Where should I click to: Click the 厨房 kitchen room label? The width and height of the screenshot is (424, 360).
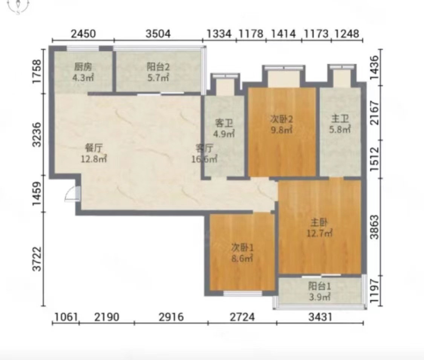[83, 67]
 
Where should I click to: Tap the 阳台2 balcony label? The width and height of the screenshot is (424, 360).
[158, 67]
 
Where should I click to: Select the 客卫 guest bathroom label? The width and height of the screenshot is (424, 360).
[224, 123]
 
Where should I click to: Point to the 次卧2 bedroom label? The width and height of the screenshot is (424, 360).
[282, 119]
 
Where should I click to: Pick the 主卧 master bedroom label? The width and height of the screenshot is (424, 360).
[319, 222]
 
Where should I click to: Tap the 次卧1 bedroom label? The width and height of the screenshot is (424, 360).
[242, 248]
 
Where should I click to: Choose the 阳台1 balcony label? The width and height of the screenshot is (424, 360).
[320, 286]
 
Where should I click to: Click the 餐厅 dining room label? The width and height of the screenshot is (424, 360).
[94, 148]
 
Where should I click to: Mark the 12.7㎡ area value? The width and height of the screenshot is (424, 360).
[319, 233]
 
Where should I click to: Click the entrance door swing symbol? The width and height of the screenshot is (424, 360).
[72, 194]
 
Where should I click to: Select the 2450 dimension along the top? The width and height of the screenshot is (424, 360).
[83, 34]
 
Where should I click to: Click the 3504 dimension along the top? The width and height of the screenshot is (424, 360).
[158, 34]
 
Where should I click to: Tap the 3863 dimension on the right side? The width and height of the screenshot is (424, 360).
[375, 227]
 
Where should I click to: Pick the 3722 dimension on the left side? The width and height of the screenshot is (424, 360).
[37, 259]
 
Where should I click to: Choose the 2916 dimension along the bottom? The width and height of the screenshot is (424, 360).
[171, 317]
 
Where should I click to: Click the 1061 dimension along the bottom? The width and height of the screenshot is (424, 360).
[66, 317]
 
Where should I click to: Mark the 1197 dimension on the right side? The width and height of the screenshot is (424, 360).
[375, 291]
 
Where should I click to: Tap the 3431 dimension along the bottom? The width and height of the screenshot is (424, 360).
[320, 317]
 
